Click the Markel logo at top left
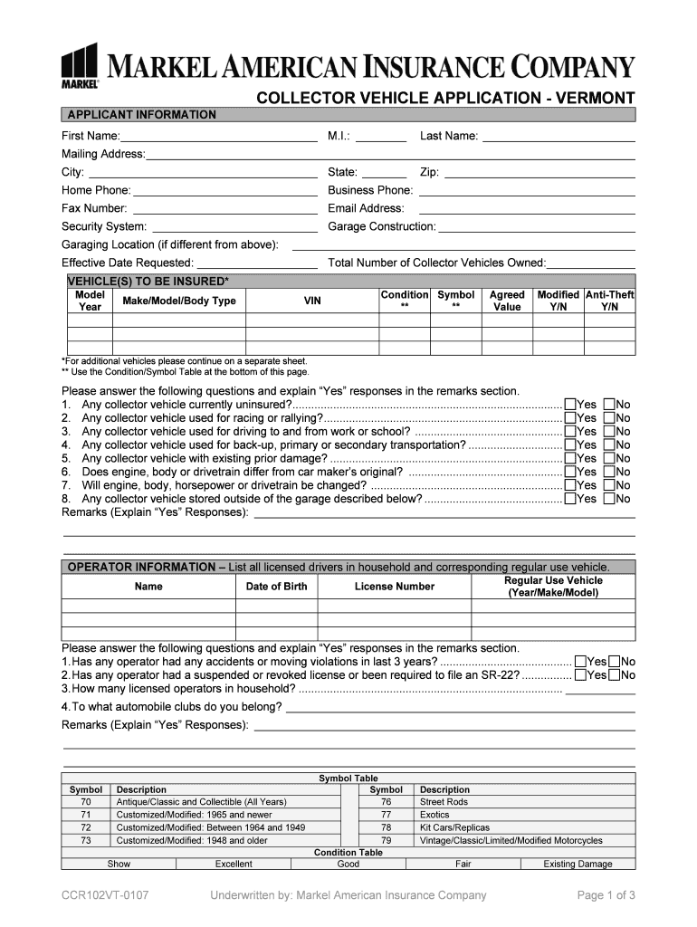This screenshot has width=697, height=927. [x=80, y=65]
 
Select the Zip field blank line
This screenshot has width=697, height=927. [x=539, y=173]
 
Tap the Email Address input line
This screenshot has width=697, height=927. [x=521, y=209]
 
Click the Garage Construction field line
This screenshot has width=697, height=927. [x=537, y=227]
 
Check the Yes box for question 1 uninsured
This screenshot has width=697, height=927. [x=570, y=405]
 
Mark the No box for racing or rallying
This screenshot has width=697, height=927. [x=609, y=418]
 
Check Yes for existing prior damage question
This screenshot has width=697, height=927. [x=570, y=459]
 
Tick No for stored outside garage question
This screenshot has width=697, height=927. [x=609, y=499]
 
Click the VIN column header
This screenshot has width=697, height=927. [x=311, y=301]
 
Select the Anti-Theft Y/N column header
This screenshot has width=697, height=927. [x=609, y=301]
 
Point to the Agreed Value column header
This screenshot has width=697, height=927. [x=507, y=301]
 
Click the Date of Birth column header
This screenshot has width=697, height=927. [x=276, y=587]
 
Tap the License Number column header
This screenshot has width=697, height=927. [x=394, y=587]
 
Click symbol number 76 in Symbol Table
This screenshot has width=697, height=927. [x=386, y=802]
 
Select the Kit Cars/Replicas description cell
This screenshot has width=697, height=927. [x=454, y=827]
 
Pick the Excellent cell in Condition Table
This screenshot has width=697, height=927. [x=234, y=864]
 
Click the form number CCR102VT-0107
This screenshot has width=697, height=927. [x=105, y=895]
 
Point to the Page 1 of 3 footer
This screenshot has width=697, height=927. [x=606, y=895]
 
